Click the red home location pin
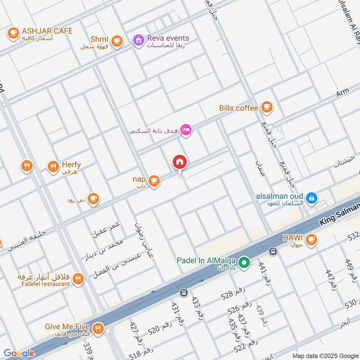tap(180, 162)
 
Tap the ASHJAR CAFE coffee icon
tap(13, 32)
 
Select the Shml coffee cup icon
tap(117, 41)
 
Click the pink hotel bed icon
tap(186, 130)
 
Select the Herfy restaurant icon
tap(53, 167)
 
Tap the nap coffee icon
tap(154, 181)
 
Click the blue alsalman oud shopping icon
tap(311, 198)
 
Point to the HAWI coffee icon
tap(310, 241)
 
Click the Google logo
tap(19, 353)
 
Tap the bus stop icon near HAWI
tap(272, 251)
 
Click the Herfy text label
tap(71, 165)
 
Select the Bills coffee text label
tap(238, 108)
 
